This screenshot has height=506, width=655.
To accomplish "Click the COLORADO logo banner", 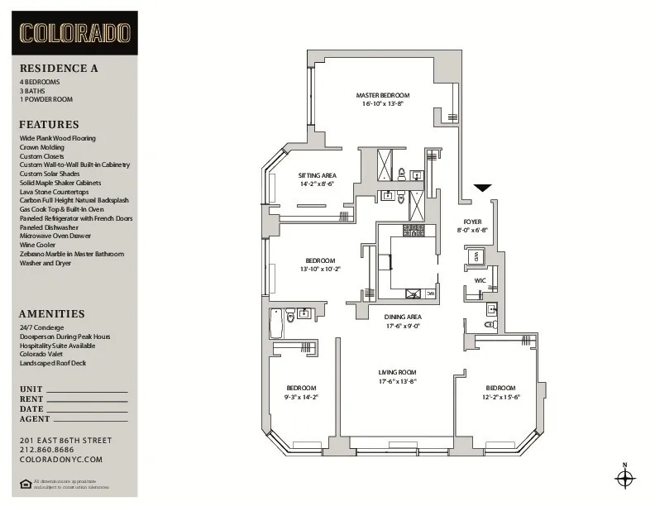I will (x=75, y=33).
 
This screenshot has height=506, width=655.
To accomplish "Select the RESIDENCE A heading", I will (x=59, y=69).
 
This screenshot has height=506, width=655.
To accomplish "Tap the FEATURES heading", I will (x=50, y=125).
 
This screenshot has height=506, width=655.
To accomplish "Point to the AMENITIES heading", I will (x=52, y=314).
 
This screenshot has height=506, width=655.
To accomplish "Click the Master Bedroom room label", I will (x=382, y=95).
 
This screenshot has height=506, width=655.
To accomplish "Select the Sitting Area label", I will (x=317, y=176).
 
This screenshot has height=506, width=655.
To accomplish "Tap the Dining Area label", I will (x=403, y=317).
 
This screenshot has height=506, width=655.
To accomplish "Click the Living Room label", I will (x=397, y=372).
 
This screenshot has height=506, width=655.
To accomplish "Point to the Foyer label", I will (x=472, y=222).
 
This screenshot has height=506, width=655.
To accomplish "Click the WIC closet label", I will (x=480, y=280).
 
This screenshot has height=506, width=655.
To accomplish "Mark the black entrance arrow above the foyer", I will (x=482, y=189).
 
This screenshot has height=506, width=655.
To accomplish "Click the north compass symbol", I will (x=625, y=477).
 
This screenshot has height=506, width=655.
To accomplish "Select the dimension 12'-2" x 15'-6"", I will (x=500, y=398).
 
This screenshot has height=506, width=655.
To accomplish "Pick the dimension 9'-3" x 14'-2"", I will (x=301, y=398).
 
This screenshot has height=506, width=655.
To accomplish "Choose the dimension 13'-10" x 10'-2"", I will (x=319, y=269).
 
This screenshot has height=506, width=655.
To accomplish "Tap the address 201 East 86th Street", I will (x=65, y=440).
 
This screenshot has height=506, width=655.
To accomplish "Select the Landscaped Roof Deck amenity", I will (x=53, y=363).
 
